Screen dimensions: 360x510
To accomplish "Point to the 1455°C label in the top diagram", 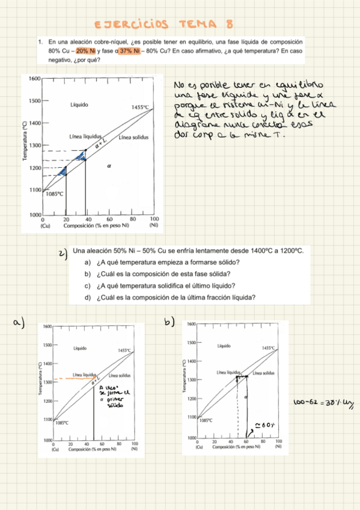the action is click(139, 108).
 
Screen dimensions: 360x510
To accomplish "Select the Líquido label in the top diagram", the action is click(79, 105).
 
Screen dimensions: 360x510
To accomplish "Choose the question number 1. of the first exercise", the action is click(40, 42).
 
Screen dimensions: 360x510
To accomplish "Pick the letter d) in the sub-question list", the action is click(88, 296).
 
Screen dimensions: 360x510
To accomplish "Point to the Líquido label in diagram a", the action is click(81, 348).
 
